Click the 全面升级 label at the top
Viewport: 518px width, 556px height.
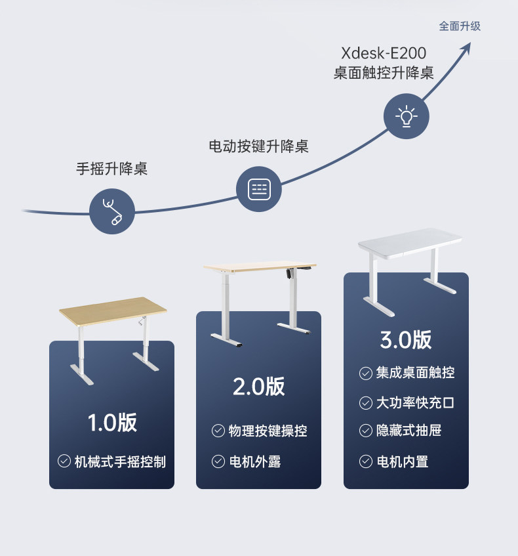tap(460, 26)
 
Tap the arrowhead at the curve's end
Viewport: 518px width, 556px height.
tap(466, 48)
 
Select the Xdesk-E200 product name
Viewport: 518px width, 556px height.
tap(384, 53)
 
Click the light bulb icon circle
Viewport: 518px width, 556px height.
tap(406, 117)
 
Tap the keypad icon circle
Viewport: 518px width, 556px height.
tap(259, 189)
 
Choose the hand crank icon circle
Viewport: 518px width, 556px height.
tap(112, 211)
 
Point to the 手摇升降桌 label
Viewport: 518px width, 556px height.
tap(112, 169)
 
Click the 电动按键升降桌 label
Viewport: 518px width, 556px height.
tap(258, 146)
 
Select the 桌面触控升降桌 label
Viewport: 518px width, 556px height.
tap(384, 72)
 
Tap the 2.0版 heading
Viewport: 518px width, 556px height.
tap(259, 386)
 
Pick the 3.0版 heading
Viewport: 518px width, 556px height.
tap(406, 339)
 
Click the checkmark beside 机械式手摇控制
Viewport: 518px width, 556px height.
tap(64, 461)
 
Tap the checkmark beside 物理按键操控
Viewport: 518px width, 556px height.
tap(218, 431)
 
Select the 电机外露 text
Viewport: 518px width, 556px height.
tap(255, 461)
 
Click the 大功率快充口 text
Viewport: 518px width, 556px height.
tap(415, 402)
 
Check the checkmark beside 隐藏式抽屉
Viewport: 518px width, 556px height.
tap(366, 431)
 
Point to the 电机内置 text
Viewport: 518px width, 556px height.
tap(403, 461)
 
